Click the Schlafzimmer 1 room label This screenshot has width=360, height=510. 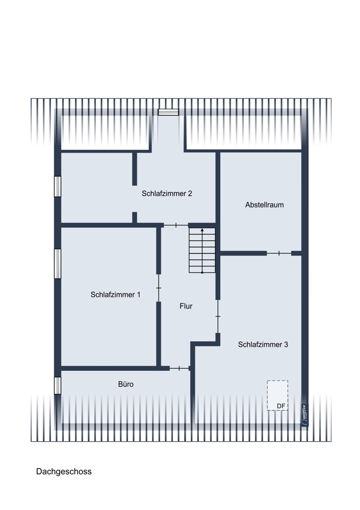point(115,295)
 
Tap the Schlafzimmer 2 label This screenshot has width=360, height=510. point(167,193)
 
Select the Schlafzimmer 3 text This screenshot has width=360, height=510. point(263,344)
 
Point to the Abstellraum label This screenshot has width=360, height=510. point(264,205)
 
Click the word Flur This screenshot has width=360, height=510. point(186,306)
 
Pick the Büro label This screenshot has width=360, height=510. point(126,384)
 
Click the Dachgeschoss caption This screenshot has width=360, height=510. point(64,472)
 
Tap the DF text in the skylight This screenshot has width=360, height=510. point(281,406)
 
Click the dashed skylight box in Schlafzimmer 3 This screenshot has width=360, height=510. point(278,381)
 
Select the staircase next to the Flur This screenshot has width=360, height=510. point(202,250)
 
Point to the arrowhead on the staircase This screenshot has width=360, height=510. point(202,230)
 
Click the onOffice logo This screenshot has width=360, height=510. point(304,415)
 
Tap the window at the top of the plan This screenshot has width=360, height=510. point(168,112)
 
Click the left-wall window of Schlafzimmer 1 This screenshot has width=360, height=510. point(58,264)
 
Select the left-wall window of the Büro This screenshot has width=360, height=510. point(58,386)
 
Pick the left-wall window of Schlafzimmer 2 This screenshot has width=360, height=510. point(58,186)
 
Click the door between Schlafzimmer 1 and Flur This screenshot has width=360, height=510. point(159,288)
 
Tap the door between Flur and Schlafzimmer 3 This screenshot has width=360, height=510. point(218,316)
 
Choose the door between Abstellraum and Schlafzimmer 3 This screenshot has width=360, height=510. point(279,253)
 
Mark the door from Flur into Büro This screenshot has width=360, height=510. point(179,368)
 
